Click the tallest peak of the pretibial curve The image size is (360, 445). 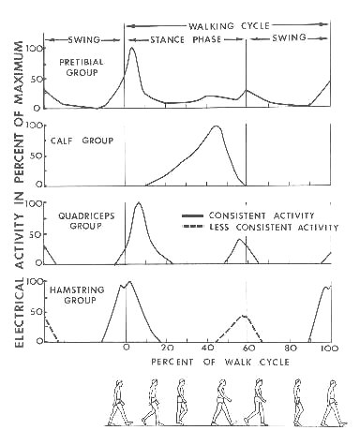[x=131, y=49]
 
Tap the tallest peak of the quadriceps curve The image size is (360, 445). [x=140, y=202]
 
